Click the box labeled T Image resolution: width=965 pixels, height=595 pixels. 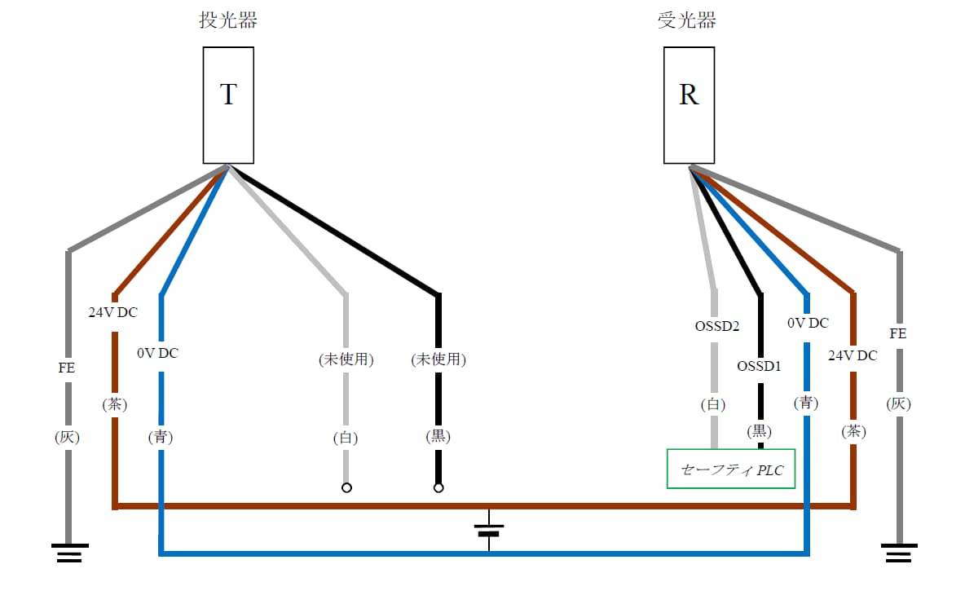[x=228, y=105]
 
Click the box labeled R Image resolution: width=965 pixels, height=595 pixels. [x=689, y=105]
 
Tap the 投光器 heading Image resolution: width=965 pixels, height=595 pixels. [x=228, y=20]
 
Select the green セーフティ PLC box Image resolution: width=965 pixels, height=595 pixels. [x=731, y=469]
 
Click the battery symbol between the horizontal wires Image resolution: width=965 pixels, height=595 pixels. [x=489, y=530]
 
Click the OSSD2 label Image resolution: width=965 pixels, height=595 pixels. [x=716, y=326]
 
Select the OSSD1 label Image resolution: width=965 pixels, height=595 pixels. [x=759, y=366]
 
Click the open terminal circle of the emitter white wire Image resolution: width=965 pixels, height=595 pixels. [x=346, y=488]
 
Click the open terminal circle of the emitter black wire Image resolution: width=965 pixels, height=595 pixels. [x=438, y=488]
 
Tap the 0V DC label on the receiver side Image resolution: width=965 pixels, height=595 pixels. [x=808, y=323]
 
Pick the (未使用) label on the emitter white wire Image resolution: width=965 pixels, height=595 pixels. [x=346, y=359]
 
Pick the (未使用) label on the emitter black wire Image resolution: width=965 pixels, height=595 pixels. [x=438, y=359]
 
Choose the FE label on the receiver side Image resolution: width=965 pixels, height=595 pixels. [x=898, y=334]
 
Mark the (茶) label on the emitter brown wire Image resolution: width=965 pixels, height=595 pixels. [x=115, y=404]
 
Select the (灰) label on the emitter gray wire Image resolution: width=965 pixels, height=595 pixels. [x=68, y=437]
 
